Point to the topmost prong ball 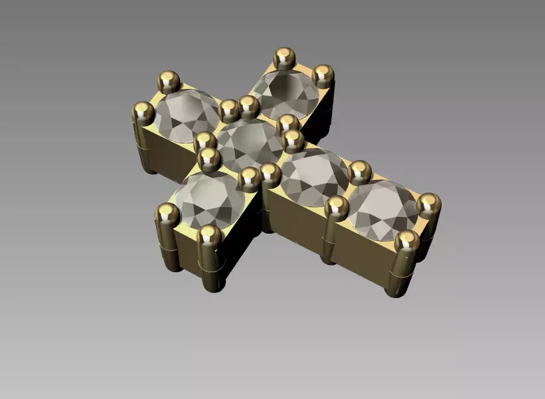285,58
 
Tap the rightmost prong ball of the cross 428,204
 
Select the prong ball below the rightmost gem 407,241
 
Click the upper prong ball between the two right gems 359,171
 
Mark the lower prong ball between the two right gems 336,206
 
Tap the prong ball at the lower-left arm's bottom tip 209,235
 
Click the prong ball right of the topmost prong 323,74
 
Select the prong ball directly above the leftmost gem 169,82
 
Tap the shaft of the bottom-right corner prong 402,272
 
